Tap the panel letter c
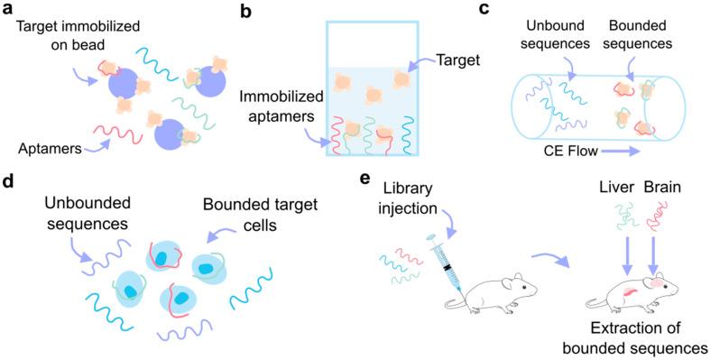[509, 10]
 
